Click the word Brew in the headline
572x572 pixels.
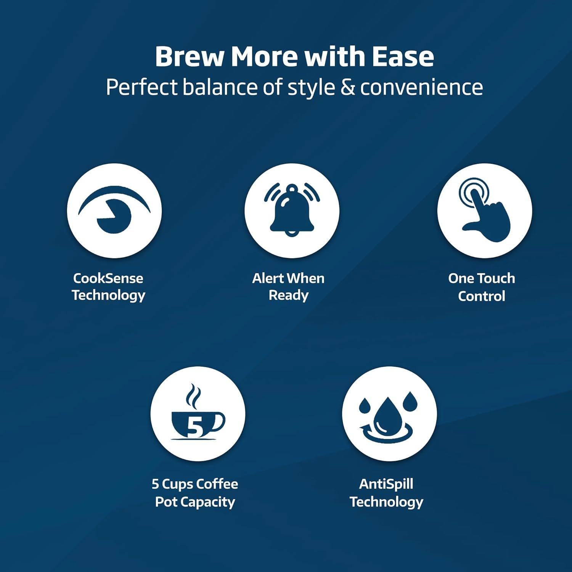(190, 56)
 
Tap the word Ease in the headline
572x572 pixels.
(403, 56)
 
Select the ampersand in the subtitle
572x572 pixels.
(347, 87)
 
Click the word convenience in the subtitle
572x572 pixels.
(421, 87)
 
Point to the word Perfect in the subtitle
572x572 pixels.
(141, 87)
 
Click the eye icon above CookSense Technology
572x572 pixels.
(114, 210)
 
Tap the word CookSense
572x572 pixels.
(108, 278)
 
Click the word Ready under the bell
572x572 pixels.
(289, 296)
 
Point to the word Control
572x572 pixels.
(482, 296)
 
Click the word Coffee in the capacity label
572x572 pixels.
(217, 484)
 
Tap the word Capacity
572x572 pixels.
(208, 502)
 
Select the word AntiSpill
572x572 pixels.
(386, 484)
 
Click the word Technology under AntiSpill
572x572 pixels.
(386, 502)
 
